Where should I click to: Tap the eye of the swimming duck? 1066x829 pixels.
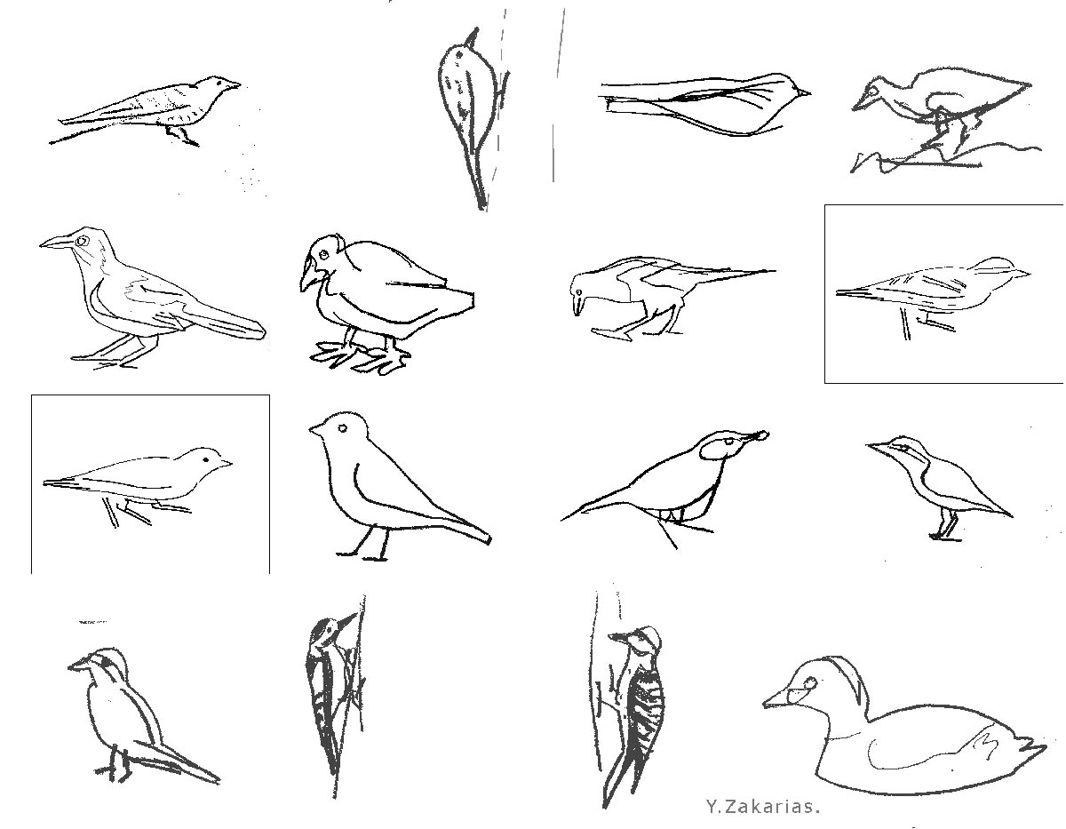coord(810,683)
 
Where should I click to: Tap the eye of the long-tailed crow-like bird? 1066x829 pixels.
coord(83,240)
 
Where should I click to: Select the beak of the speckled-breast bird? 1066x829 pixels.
coord(233,85)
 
